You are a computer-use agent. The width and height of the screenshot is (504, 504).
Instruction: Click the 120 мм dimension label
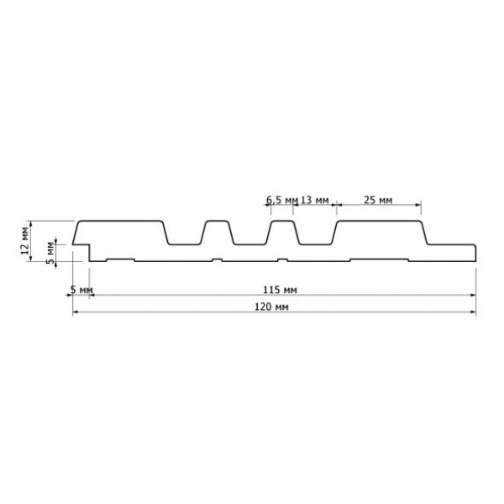pyautogui.click(x=271, y=307)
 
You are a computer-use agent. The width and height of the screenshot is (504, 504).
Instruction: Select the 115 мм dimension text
pyautogui.click(x=280, y=290)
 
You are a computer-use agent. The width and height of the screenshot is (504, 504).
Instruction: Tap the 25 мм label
pyautogui.click(x=378, y=200)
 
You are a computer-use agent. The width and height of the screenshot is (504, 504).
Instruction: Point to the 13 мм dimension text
pyautogui.click(x=314, y=200)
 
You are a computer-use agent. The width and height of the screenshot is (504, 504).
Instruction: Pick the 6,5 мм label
pyautogui.click(x=282, y=200)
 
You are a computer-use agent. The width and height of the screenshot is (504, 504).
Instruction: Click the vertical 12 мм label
pyautogui.click(x=25, y=240)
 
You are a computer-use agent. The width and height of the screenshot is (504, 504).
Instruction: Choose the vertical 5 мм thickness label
pyautogui.click(x=50, y=253)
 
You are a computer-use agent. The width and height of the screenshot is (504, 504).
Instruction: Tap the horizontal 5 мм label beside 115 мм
pyautogui.click(x=81, y=290)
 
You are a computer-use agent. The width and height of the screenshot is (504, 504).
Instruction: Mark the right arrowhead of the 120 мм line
pyautogui.click(x=473, y=312)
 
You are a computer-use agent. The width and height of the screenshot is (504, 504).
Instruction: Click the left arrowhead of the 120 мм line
pyautogui.click(x=76, y=312)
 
